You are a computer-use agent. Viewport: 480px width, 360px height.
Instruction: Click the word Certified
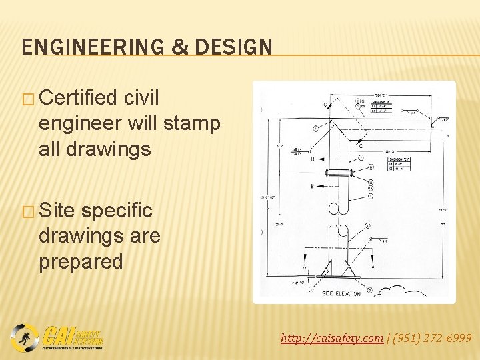[x=79, y=99]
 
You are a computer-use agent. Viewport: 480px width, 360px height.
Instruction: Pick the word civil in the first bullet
[x=141, y=99]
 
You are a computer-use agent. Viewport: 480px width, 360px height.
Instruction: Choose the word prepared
[x=81, y=261]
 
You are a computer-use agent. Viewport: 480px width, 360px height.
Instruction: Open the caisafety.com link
[x=331, y=339]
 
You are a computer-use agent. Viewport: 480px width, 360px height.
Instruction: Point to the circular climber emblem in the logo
[x=24, y=337]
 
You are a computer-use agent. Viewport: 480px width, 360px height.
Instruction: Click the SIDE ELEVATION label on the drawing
[x=342, y=293]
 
